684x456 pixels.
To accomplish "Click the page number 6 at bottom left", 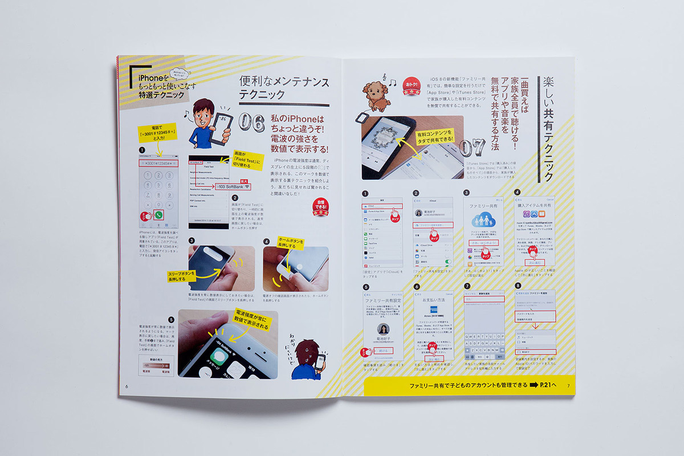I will coord(127,386).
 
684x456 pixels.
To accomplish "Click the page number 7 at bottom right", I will coord(568,386).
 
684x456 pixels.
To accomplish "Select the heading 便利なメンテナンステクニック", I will coord(283,88).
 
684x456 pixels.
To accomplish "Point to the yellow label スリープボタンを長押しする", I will coord(184,277).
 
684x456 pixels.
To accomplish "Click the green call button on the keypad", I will coord(158,215).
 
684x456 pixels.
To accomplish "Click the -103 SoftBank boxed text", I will coord(236,186).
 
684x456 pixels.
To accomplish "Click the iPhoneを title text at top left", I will coord(150,79).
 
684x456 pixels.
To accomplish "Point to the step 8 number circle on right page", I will coord(518,286).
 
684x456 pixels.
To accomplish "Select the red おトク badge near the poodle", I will coord(411,86).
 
